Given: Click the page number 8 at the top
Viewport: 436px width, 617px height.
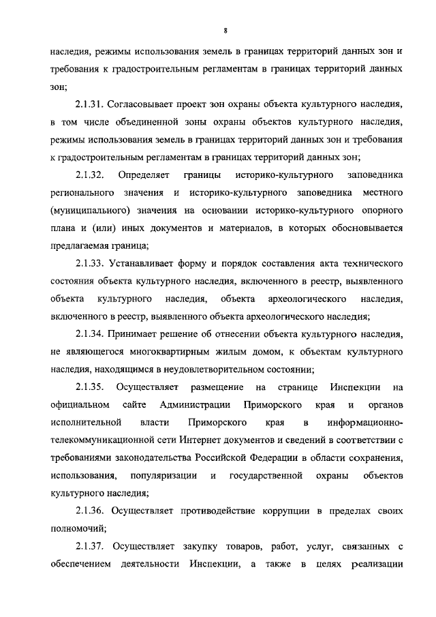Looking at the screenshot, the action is [x=224, y=30].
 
